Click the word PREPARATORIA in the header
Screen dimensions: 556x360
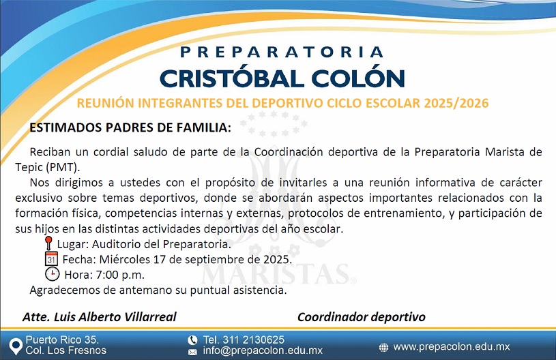282,52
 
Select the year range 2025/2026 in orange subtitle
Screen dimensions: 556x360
456,103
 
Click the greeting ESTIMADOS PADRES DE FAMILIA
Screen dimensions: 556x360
130,127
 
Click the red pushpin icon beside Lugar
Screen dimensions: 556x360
49,243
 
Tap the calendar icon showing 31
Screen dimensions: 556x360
51,258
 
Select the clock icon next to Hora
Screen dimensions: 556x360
52,274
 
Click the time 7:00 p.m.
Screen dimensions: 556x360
120,275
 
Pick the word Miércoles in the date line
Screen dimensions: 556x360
124,259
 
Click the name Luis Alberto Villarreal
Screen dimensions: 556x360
115,317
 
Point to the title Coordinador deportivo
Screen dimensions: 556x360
362,317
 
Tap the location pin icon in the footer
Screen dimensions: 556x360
15,346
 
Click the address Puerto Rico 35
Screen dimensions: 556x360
62,340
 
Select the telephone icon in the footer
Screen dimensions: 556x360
192,340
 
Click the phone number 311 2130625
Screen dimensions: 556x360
254,340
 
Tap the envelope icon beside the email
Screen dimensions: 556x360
192,352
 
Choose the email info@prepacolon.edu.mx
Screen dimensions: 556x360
263,350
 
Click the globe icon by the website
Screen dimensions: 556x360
383,347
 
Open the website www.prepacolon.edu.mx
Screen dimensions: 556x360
452,347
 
